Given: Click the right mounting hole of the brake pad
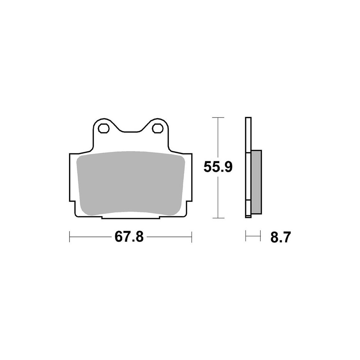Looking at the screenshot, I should click(157, 128).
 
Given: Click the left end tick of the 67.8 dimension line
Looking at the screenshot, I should click(69, 237).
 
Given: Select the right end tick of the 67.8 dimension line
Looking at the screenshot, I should click(192, 237).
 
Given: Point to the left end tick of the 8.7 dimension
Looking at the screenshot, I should click(246, 237).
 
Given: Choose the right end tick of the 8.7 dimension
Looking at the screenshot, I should click(260, 237).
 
